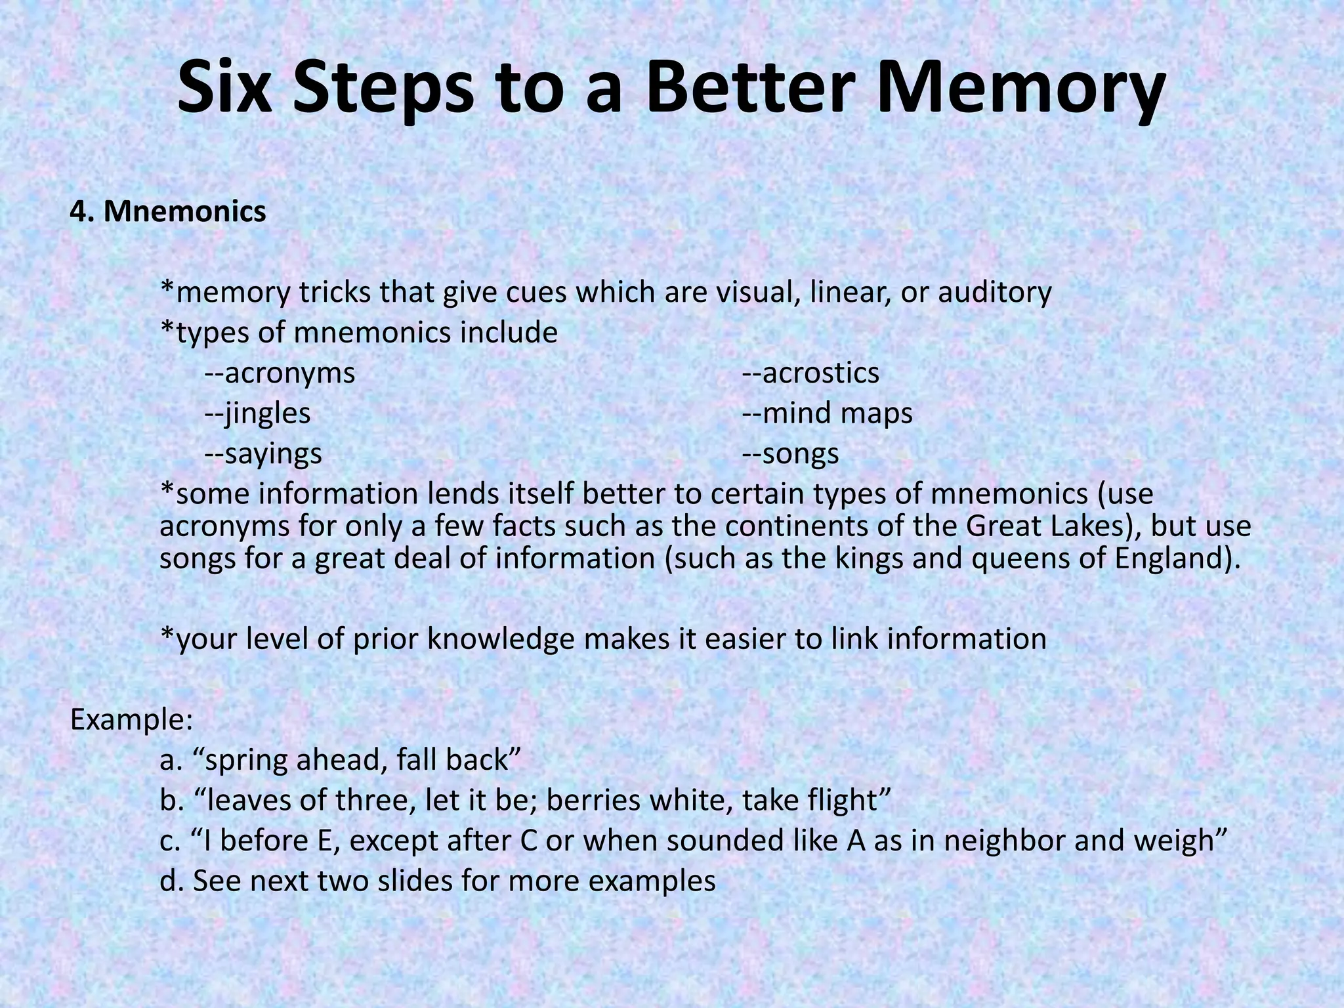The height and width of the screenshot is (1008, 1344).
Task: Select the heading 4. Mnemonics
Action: tap(168, 211)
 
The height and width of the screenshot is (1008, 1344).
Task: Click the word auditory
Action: tap(994, 293)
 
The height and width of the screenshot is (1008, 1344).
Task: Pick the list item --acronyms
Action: tap(280, 373)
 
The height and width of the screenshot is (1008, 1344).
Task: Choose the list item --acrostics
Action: tap(810, 373)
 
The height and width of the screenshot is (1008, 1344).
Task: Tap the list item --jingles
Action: tap(258, 413)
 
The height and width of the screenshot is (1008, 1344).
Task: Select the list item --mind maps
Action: tap(828, 413)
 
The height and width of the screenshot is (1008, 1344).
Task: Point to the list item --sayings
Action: tap(264, 454)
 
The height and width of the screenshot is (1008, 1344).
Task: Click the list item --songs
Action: tap(791, 454)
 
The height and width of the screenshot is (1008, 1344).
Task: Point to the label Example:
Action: tap(131, 720)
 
